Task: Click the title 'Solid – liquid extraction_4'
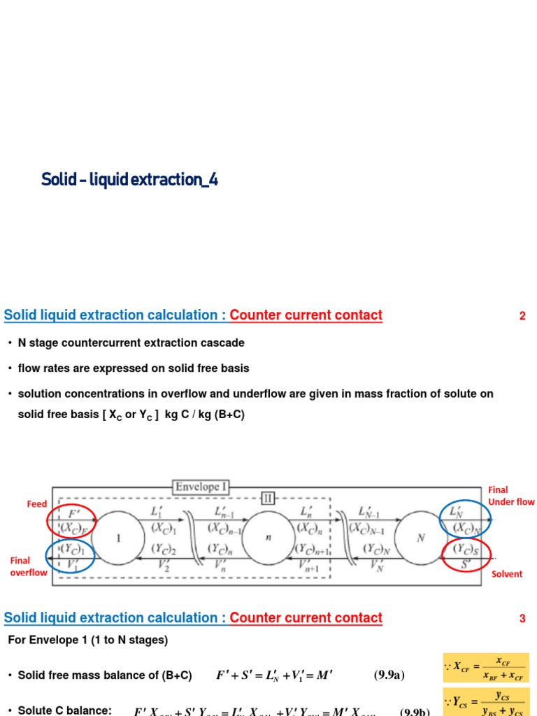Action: (130, 180)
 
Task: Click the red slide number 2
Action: (522, 316)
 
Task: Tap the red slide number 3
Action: (522, 618)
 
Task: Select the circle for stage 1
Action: (117, 539)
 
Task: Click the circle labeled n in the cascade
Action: (270, 539)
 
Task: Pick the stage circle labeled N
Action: (420, 539)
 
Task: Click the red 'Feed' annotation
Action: (36, 504)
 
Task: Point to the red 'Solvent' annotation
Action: (507, 574)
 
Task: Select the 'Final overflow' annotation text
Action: (29, 566)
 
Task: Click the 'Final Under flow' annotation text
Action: (510, 496)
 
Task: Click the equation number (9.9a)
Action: (389, 675)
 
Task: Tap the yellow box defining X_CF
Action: (486, 668)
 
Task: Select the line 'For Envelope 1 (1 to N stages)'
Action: (88, 640)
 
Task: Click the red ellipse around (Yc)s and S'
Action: (467, 554)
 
